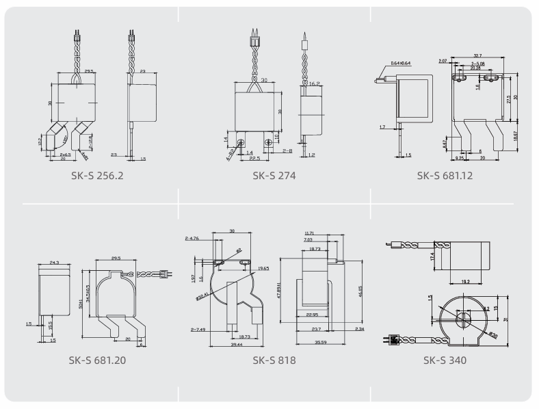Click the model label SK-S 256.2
tap(92, 176)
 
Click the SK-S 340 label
tap(445, 360)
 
